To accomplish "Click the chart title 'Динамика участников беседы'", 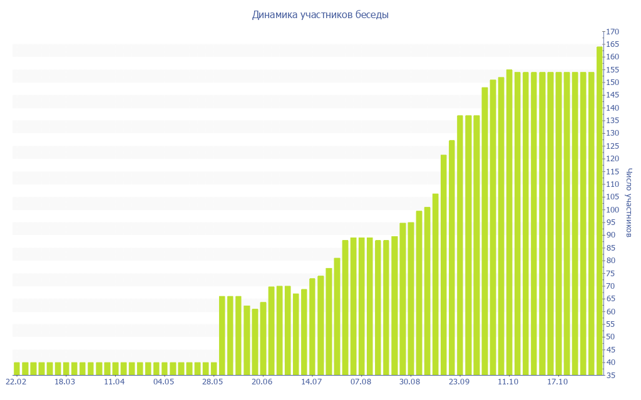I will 320,14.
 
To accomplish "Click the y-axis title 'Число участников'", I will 629,202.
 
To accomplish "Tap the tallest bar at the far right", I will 600,211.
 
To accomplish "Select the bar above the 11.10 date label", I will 510,222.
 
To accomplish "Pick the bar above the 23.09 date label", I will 460,245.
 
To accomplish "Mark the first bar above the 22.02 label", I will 17,368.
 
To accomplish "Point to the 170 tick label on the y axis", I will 612,31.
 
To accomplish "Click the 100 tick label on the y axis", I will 612,210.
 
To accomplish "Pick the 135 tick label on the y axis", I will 612,121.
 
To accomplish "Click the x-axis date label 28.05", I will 213,382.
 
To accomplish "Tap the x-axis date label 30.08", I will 410,382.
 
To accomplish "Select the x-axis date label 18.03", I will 65,382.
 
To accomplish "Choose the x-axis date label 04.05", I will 163,382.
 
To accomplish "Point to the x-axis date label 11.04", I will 115,382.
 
